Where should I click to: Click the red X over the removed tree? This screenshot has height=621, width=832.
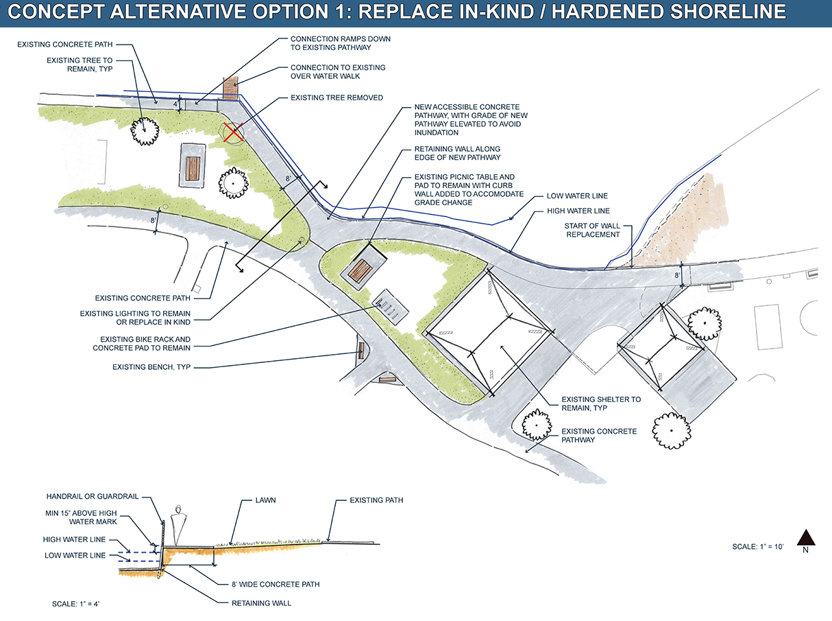233,132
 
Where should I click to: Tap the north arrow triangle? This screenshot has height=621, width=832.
806,537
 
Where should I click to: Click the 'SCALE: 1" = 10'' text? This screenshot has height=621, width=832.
758,547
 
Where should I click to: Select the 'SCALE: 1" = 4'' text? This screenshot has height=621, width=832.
76,604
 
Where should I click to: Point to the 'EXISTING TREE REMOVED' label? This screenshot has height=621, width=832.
337,98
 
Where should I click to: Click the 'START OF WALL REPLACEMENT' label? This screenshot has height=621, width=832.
592,231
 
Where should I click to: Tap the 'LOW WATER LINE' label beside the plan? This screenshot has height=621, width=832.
577,196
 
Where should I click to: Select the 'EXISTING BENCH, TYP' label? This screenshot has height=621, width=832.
151,367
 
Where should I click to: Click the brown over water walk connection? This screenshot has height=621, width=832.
230,88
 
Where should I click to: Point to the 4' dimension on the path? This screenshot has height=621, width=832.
175,104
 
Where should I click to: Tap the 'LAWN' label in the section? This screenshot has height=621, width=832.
265,500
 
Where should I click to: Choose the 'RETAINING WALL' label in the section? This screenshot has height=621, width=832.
261,603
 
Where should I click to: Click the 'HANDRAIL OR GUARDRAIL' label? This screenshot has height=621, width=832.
93,497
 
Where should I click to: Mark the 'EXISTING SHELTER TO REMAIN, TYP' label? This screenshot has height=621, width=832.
601,403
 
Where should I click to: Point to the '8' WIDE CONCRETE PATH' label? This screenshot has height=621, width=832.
276,585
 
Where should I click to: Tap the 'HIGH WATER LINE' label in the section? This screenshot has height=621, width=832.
74,540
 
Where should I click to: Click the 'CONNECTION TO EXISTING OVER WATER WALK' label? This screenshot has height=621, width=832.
338,71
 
